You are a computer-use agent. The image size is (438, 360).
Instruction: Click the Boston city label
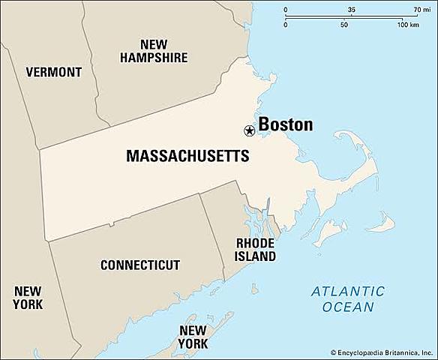pyautogui.click(x=286, y=124)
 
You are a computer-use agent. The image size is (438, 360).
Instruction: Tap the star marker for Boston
pyautogui.click(x=249, y=130)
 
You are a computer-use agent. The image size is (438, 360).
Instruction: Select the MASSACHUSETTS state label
pyautogui.click(x=187, y=157)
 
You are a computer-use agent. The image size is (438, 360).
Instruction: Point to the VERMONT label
pyautogui.click(x=53, y=73)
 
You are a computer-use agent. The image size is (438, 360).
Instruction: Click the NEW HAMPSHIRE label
pyautogui.click(x=153, y=50)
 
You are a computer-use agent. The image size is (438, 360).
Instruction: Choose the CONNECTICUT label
pyautogui.click(x=140, y=265)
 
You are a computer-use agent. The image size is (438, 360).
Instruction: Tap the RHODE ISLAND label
pyautogui.click(x=256, y=250)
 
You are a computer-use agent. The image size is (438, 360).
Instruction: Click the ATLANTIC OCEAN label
pyautogui.click(x=348, y=298)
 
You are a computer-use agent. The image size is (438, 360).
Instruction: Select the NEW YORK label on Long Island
pyautogui.click(x=193, y=337)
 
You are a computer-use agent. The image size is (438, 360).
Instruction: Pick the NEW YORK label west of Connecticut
pyautogui.click(x=28, y=297)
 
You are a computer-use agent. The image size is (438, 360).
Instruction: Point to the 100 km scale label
pyautogui.click(x=409, y=25)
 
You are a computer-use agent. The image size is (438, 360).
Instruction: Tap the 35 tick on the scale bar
pyautogui.click(x=352, y=9)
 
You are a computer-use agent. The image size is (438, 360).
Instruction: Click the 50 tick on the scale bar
pyautogui.click(x=344, y=25)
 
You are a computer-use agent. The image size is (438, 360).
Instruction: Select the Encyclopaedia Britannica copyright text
pyautogui.click(x=382, y=351)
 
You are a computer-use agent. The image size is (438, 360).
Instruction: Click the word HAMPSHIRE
pyautogui.click(x=153, y=57)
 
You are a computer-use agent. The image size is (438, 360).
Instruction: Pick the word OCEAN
pyautogui.click(x=348, y=307)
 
